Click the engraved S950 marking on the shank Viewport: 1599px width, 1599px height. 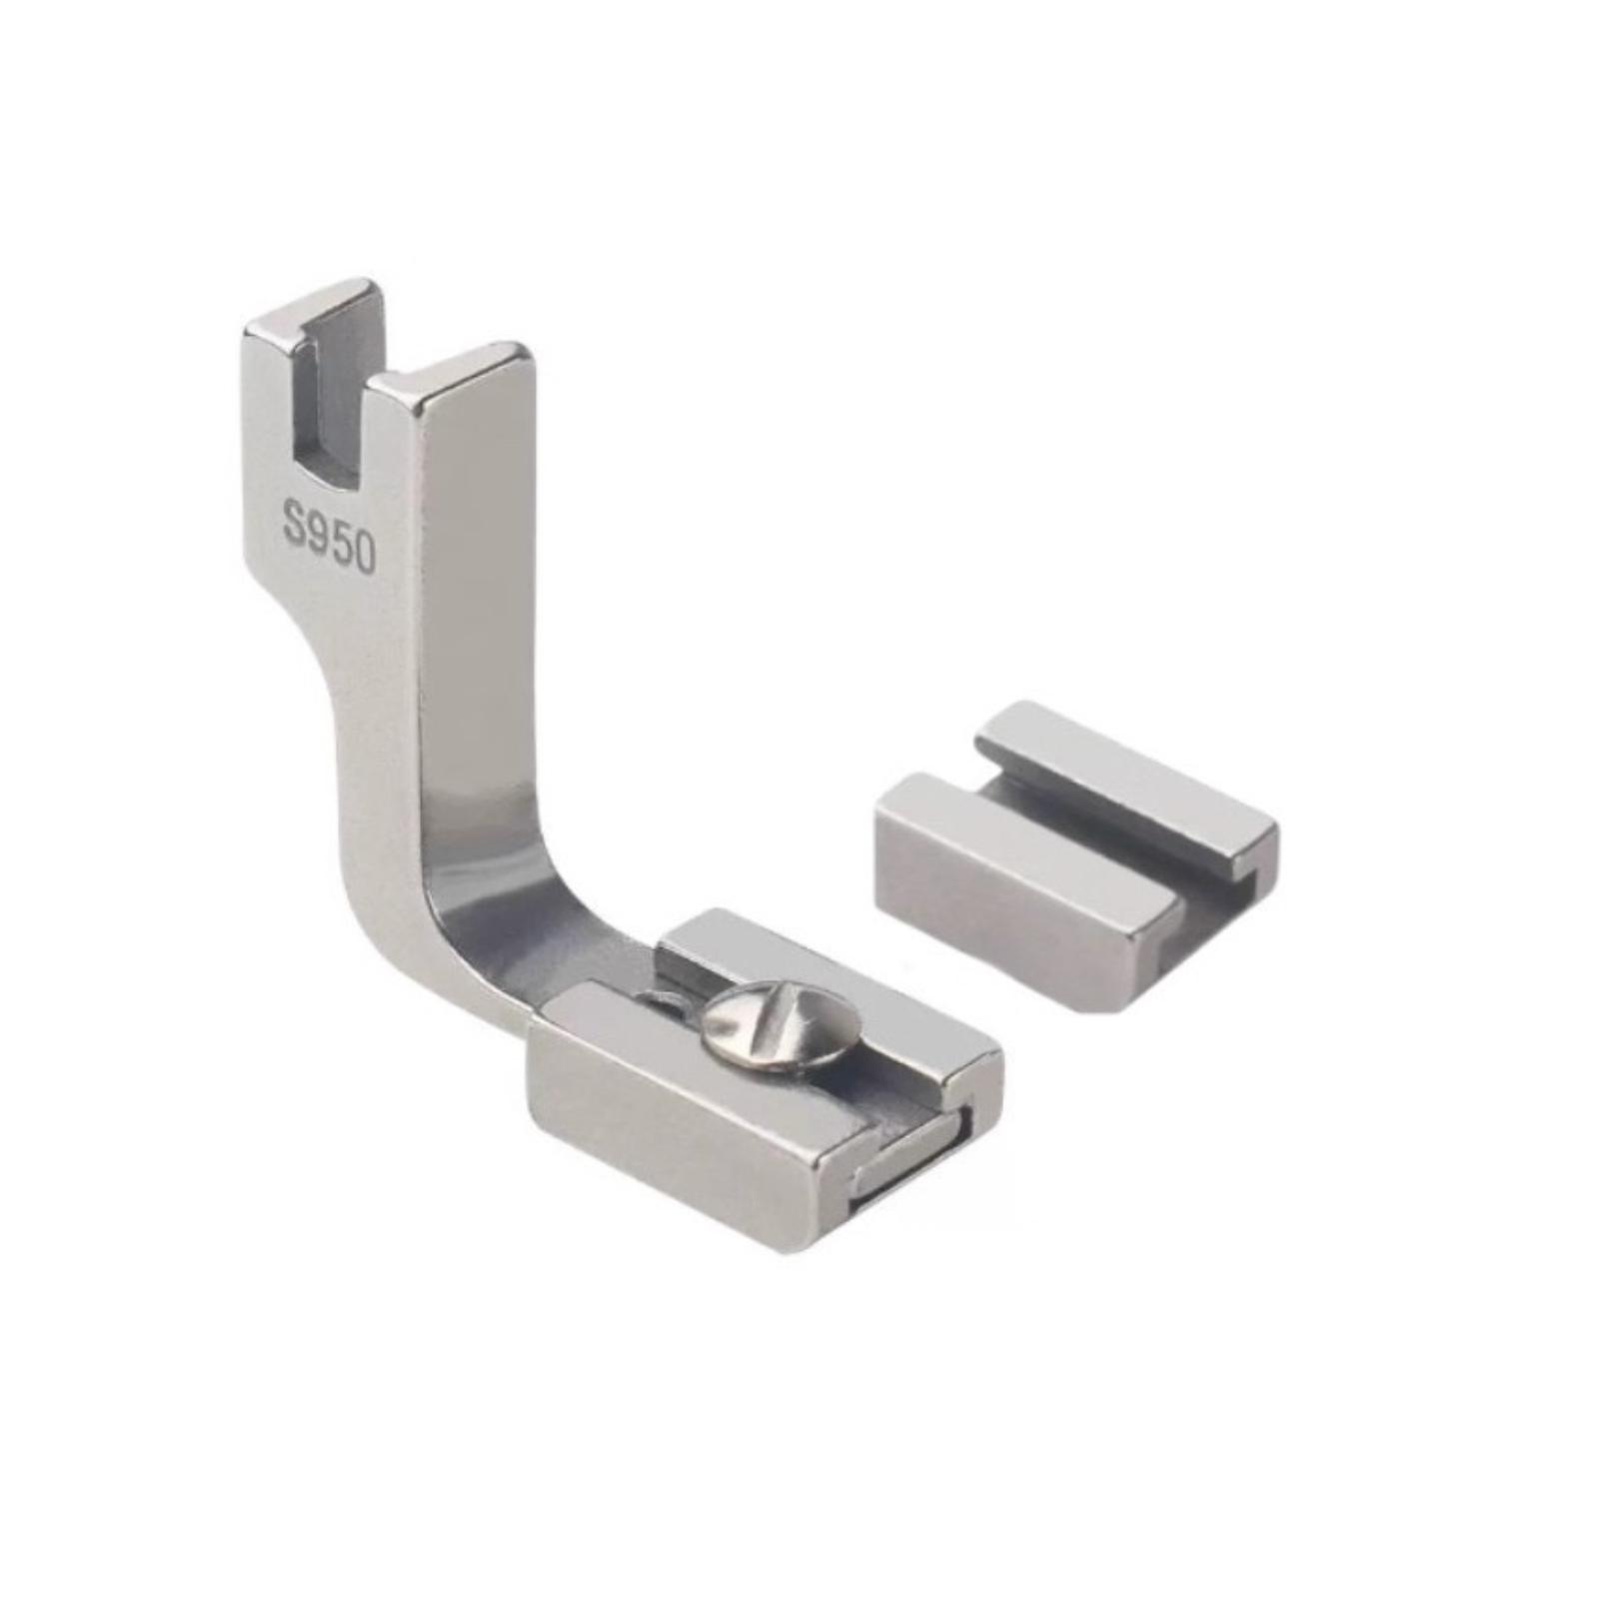click(329, 537)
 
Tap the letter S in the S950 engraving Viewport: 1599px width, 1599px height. click(295, 523)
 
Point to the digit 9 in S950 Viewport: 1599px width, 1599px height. click(318, 532)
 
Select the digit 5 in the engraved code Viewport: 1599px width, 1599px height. click(340, 542)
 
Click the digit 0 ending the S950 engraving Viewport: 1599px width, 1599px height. click(364, 553)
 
